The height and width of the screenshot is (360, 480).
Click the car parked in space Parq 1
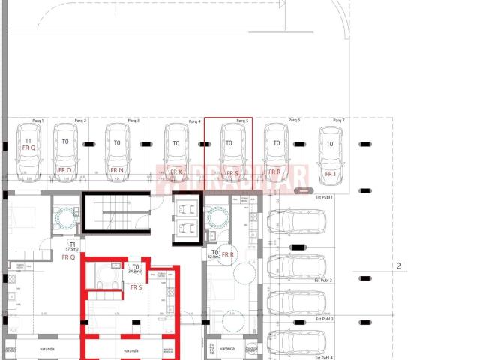point(30,152)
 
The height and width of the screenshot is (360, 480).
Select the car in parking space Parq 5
point(229,152)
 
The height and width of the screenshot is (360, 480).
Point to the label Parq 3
point(133,120)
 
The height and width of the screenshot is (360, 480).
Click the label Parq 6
point(294,120)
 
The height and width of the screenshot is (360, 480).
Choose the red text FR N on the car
point(116,170)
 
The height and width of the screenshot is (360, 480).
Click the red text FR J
point(330,173)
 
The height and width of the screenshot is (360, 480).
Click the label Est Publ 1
point(324,196)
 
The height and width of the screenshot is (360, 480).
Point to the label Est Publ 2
point(324,279)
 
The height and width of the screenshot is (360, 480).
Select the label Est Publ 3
point(324,319)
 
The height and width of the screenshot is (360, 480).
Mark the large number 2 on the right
point(399,265)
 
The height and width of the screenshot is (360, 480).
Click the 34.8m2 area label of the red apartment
point(136,274)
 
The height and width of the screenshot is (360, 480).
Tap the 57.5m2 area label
point(72,249)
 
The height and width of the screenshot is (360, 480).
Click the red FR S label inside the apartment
point(136,286)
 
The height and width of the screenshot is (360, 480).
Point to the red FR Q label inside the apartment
point(68,257)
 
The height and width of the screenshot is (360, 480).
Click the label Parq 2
point(80,120)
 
